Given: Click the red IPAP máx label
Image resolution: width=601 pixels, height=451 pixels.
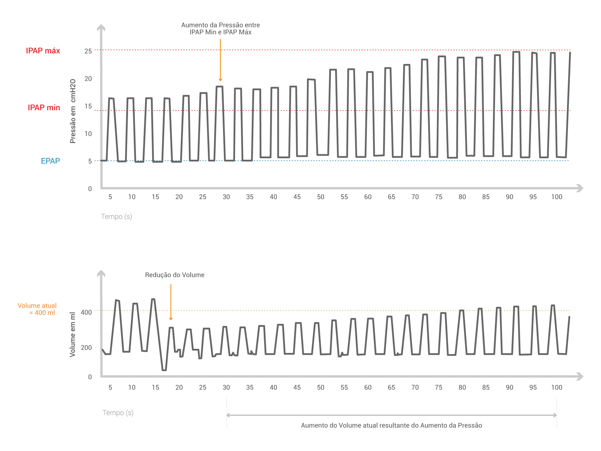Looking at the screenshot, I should point(43,51).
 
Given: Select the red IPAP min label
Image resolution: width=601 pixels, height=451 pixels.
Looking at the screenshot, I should point(44,107).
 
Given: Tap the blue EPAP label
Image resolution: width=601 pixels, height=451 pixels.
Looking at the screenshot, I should point(50,161).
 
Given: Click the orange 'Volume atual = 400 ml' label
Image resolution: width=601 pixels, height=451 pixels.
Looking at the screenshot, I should point(37,309).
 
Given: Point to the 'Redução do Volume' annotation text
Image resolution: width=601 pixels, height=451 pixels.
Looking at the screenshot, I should point(175,275).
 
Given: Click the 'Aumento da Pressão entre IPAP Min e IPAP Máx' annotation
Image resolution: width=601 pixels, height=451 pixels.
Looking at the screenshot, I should point(220,28).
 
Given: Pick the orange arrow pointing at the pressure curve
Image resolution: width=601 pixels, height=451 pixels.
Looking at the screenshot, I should point(220,60).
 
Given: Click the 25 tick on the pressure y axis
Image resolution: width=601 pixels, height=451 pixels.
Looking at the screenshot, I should point(88,51).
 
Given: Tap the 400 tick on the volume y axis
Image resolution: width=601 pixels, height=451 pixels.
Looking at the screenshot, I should point(86,312).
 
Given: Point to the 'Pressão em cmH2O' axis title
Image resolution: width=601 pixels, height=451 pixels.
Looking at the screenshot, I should point(73,111).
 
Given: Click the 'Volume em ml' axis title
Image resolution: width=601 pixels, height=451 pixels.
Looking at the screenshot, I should point(72,334).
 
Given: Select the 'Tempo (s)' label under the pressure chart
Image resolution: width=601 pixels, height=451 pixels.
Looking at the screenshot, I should point(117,217).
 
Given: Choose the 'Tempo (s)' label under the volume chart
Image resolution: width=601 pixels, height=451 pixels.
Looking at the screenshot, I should point(118,413).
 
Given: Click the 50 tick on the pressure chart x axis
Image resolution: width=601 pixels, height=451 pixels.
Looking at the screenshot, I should point(320,197).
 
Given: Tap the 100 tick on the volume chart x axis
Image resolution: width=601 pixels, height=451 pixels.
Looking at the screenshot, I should point(556,388).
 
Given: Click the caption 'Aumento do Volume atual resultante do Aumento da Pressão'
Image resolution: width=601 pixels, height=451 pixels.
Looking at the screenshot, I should point(391,425).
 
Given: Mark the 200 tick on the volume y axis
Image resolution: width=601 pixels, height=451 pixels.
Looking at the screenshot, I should point(86,348).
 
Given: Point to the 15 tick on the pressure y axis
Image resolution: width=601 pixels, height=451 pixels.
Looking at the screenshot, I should point(88,106).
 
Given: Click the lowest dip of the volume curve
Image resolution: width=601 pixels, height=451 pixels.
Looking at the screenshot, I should point(164,370).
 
